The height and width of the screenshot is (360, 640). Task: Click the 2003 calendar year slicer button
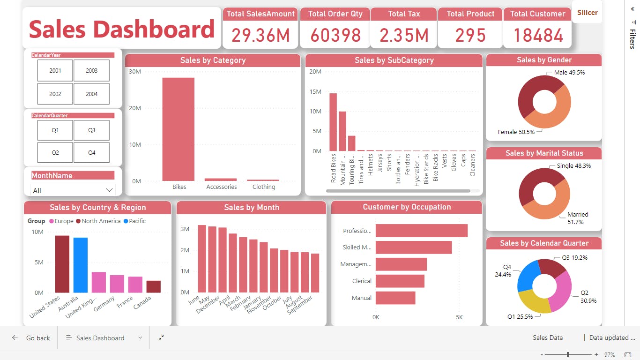pos(91,71)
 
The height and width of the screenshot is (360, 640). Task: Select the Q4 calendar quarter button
pos(91,152)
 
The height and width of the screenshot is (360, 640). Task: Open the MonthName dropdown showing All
pos(73,190)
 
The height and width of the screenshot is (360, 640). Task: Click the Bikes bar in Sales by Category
pos(178,129)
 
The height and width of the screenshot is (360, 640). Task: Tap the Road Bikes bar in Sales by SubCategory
pos(333,122)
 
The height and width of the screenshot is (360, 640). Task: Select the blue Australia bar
pos(81,265)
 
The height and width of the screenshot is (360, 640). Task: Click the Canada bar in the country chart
pos(153,286)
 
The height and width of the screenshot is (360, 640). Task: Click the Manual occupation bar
pos(395,298)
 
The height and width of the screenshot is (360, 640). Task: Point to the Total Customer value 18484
pos(538,36)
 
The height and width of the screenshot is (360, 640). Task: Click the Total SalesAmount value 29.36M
pos(260,36)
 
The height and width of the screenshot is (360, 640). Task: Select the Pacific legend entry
pos(134,221)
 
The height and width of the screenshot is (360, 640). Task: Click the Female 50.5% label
pos(516,132)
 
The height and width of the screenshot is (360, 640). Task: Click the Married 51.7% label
pos(578,218)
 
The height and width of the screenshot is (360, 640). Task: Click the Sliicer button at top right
pos(587,13)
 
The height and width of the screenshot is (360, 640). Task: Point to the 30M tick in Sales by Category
pos(135,72)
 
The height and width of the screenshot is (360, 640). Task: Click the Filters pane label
pos(633,39)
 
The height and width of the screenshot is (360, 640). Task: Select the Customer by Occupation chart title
pos(406,207)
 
